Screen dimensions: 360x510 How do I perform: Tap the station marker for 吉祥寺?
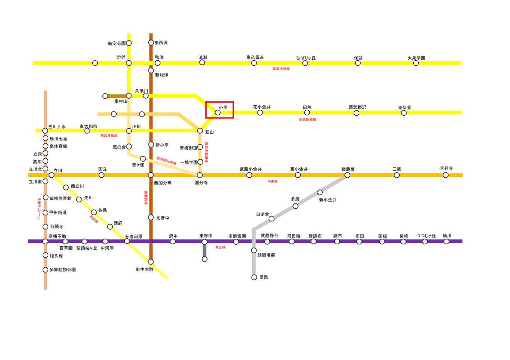pyautogui.click(x=446, y=175)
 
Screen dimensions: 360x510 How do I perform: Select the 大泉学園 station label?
pyautogui.click(x=416, y=58)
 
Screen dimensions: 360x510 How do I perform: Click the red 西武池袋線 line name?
pyautogui.click(x=281, y=69)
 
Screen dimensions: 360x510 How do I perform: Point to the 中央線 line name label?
pyautogui.click(x=272, y=181)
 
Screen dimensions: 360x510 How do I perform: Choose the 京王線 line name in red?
pyautogui.click(x=220, y=247)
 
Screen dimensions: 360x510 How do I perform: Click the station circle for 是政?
pyautogui.click(x=254, y=277)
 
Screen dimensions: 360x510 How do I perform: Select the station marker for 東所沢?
pyautogui.click(x=151, y=43)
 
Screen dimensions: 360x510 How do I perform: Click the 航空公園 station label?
pyautogui.click(x=117, y=43)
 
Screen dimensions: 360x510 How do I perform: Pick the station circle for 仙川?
pyautogui.click(x=446, y=241)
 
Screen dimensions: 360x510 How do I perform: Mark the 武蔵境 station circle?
pyautogui.click(x=348, y=175)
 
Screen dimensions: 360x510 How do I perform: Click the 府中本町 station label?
pyautogui.click(x=144, y=269)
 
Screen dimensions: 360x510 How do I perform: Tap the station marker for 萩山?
pyautogui.click(x=200, y=130)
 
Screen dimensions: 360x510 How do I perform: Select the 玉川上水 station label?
pyautogui.click(x=57, y=126)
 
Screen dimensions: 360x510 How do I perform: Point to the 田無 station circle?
pyautogui.click(x=307, y=112)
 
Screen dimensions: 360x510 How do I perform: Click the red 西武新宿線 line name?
pyautogui.click(x=307, y=120)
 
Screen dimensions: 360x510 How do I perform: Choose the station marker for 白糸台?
pyautogui.click(x=271, y=219)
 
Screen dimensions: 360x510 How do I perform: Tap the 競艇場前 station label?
pyautogui.click(x=266, y=255)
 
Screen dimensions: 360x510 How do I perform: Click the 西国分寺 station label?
pyautogui.click(x=162, y=183)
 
